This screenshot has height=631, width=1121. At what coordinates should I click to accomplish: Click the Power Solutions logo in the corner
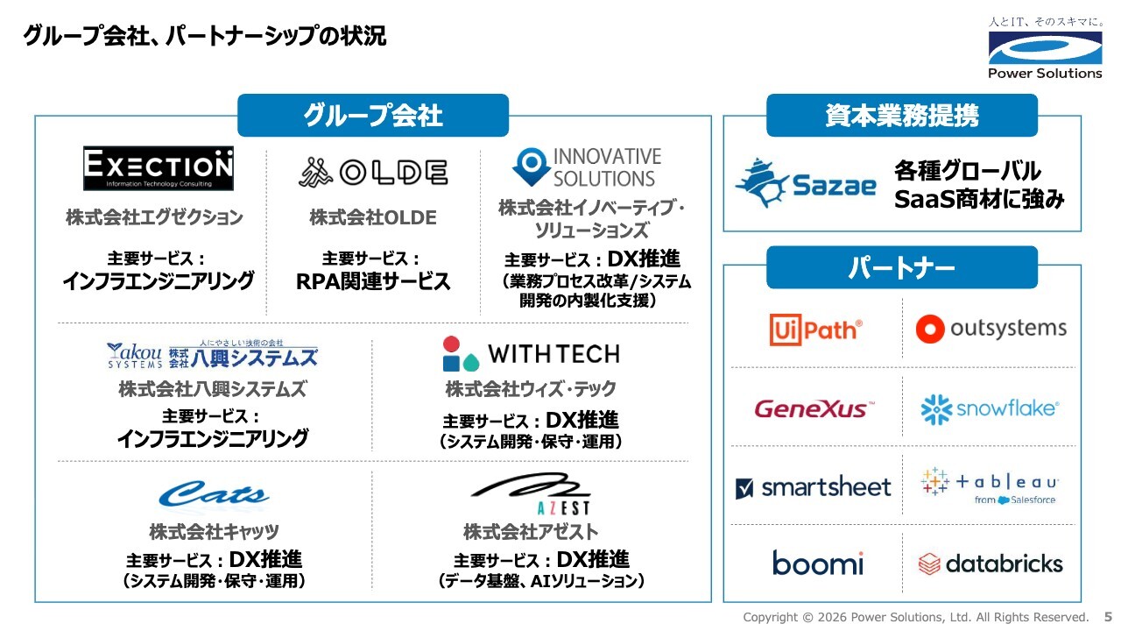point(1045,48)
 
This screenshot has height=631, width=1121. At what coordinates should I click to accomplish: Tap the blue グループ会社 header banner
point(373,115)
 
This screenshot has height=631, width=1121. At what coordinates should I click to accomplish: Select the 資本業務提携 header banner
point(902,115)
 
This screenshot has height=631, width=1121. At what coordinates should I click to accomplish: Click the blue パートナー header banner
point(902,267)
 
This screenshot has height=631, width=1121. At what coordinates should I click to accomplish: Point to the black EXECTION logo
point(159,168)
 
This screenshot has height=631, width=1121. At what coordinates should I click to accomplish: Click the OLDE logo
point(373,173)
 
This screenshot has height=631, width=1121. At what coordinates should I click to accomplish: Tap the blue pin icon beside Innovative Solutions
point(531,167)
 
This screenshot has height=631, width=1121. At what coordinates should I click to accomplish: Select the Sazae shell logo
point(806,183)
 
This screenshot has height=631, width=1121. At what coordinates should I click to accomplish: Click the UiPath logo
point(815,330)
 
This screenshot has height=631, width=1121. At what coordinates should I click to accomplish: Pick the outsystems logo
point(991,329)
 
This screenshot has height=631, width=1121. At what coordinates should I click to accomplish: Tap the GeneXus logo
point(814,408)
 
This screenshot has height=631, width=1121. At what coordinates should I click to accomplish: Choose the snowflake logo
point(990,409)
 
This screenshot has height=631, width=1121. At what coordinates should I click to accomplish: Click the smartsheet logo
point(814,487)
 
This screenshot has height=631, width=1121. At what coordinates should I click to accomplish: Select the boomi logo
point(818,563)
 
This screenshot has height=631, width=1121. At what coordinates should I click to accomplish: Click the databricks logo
point(991,564)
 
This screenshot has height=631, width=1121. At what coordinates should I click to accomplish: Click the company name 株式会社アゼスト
point(531,532)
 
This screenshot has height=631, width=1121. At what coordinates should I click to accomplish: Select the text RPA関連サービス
point(373,281)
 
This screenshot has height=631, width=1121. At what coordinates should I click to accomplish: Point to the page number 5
point(1108,617)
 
